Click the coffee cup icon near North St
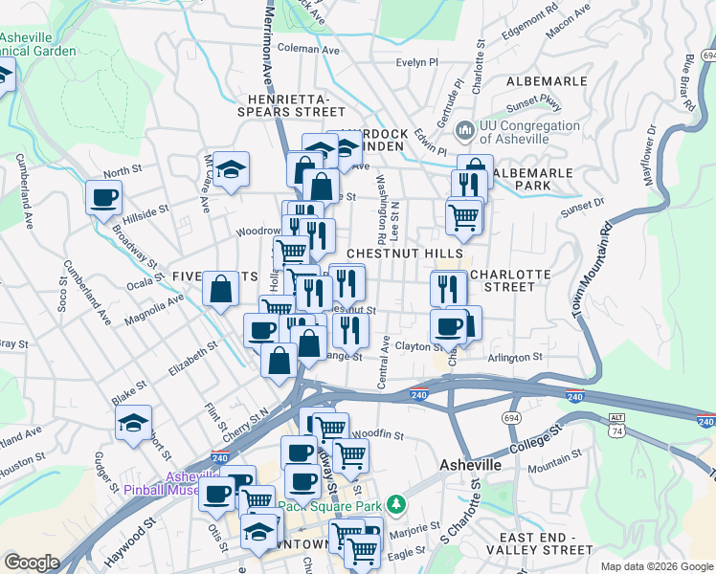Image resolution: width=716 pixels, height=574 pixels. (103, 198)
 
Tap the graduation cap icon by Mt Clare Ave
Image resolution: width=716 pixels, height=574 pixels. (231, 169)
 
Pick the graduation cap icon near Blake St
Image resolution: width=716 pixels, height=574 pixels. (133, 422)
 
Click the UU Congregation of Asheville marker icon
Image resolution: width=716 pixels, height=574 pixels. (465, 128)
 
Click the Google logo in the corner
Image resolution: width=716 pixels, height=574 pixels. (33, 563)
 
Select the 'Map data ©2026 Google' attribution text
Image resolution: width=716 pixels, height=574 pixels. (656, 565)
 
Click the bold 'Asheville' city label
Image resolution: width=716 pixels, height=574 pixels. (470, 464)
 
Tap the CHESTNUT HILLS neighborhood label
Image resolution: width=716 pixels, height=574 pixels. (392, 253)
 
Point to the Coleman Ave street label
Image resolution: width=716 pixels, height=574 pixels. (308, 49)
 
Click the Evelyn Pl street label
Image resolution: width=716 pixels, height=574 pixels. (416, 62)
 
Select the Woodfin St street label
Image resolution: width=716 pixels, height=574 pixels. (379, 434)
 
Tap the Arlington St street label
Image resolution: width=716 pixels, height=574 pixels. (516, 357)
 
